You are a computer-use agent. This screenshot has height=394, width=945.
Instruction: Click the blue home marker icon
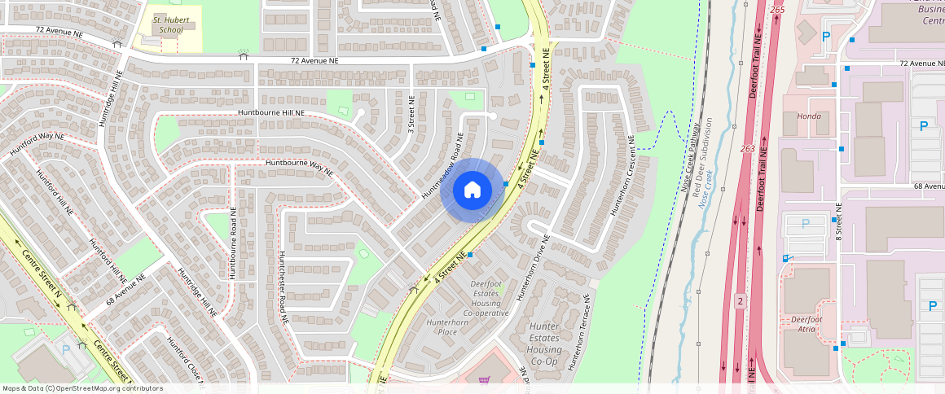point(471,190)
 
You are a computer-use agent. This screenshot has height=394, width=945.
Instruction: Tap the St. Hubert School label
point(169,24)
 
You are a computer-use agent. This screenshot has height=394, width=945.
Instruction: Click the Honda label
point(808,116)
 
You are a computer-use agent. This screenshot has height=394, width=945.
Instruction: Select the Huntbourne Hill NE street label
point(271,112)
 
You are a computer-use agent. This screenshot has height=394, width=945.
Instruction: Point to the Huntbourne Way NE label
point(300,168)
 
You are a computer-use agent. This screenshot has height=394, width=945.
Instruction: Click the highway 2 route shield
point(740,300)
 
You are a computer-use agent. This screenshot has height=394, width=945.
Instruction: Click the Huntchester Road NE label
point(283,288)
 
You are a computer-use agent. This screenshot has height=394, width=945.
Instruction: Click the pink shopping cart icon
point(484,380)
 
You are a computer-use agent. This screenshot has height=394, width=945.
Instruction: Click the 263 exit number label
point(748,148)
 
